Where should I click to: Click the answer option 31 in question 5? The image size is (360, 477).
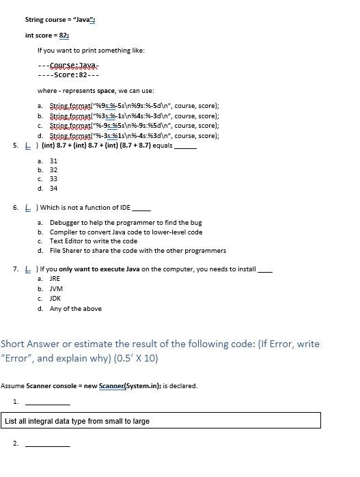coord(53,161)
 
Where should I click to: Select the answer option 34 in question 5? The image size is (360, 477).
coord(53,188)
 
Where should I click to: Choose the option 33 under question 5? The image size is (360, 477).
coord(53,179)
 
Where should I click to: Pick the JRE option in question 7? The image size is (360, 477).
coord(55,279)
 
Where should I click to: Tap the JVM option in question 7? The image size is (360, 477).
coord(56,289)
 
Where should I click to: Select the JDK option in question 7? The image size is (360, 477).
coord(55,299)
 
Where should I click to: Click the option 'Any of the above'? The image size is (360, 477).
coord(75,309)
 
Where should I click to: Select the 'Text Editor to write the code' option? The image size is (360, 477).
coord(93,241)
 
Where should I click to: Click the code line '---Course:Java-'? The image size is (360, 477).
coord(68,66)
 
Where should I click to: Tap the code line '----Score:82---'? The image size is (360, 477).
coord(68,75)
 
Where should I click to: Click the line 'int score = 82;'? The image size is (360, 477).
coord(47,35)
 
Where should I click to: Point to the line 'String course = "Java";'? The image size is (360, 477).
coord(59,20)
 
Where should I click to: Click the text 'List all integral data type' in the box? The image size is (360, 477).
coord(77,421)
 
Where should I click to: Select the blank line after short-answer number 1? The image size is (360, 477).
coord(47,403)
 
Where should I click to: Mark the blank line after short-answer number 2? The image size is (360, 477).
coord(47,445)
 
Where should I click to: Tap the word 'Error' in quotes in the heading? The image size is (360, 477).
coord(17,357)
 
